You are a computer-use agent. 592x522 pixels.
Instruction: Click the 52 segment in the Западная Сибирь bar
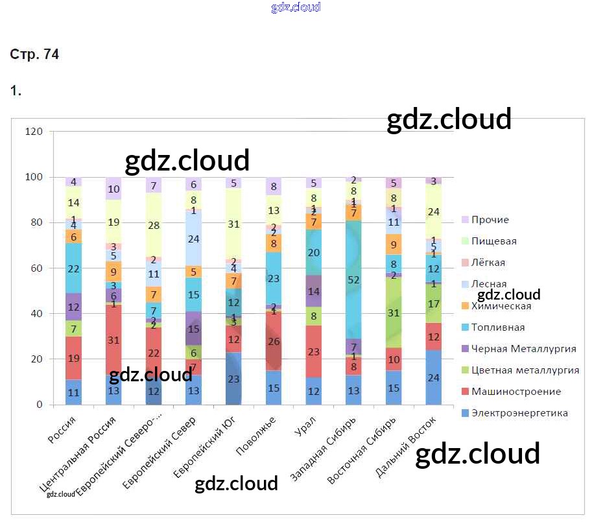[x=354, y=279]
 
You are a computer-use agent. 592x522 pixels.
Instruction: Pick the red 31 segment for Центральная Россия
[x=114, y=340]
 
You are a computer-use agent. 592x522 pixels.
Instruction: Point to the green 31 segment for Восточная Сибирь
[x=394, y=312]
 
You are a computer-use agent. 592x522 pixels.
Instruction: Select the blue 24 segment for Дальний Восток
[x=433, y=377]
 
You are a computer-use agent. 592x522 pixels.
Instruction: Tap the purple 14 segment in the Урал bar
[x=314, y=291]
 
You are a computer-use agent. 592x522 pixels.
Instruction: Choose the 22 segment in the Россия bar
[x=74, y=268]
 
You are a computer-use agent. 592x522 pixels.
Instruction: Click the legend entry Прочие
[x=490, y=220]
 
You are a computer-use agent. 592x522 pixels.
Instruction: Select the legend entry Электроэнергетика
[x=519, y=413]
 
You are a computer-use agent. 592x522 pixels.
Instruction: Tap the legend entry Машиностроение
[x=516, y=392]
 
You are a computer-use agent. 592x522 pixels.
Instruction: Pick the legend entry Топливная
[x=498, y=327]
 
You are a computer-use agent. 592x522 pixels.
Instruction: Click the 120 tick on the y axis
[x=33, y=132]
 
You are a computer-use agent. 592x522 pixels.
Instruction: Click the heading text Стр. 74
[x=34, y=55]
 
